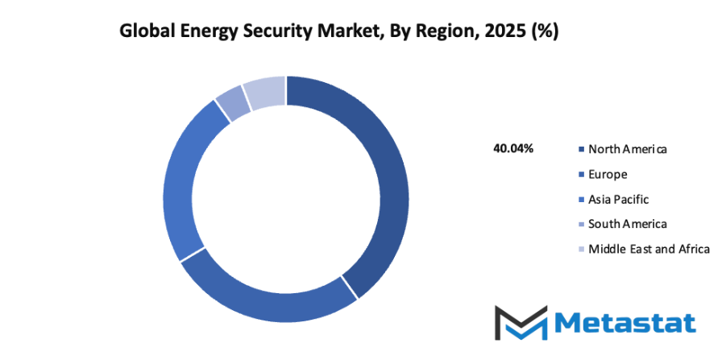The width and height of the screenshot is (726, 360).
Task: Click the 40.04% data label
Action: point(512,149)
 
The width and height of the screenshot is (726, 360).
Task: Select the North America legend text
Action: point(628,149)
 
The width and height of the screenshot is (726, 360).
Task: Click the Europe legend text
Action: point(608,174)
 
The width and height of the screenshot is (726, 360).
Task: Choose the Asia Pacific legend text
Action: point(618,199)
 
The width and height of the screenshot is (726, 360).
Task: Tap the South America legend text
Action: point(628,224)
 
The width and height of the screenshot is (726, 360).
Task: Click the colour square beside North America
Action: point(581,150)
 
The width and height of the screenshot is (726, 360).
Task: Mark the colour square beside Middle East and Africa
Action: point(581,250)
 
